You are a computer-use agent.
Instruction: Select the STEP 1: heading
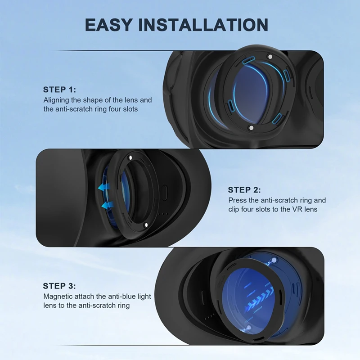click(x=60, y=90)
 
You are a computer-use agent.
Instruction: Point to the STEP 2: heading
click(x=244, y=190)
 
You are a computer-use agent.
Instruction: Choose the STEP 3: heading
click(x=59, y=286)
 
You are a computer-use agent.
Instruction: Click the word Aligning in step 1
click(x=56, y=100)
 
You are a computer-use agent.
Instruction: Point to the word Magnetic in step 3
click(x=57, y=297)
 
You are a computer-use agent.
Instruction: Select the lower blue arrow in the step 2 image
click(x=107, y=205)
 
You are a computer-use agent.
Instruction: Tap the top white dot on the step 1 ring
click(x=269, y=57)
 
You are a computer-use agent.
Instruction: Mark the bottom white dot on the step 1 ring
click(x=251, y=129)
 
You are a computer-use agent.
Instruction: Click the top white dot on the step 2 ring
click(x=130, y=158)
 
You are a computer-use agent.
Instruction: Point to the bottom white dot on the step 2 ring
click(x=145, y=225)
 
